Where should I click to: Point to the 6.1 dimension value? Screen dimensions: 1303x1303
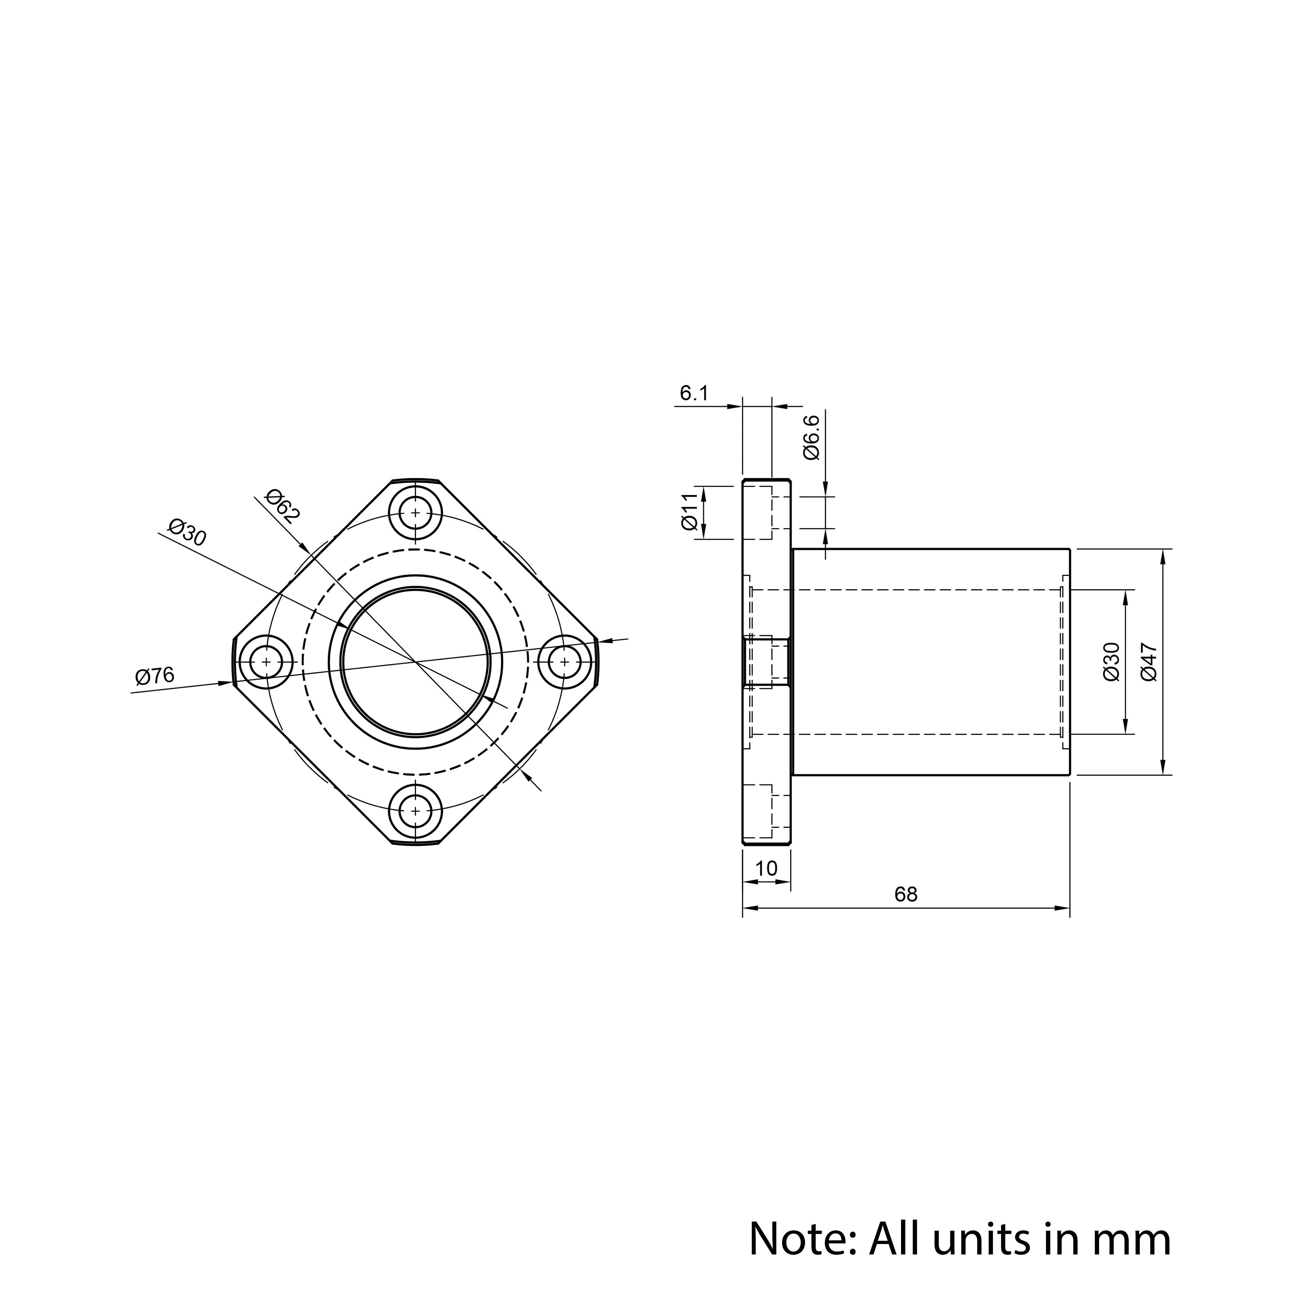694,393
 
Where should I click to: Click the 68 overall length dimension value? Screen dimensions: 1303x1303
906,894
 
